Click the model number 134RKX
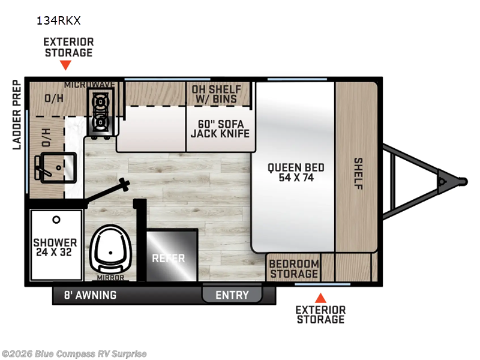pos(58,20)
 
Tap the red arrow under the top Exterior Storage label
pos(65,65)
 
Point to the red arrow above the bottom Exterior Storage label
pos(320,298)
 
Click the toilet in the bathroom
pos(110,248)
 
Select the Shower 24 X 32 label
pos(55,247)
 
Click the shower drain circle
pos(56,220)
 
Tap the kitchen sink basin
pos(58,167)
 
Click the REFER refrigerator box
pos(172,255)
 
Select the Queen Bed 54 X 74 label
pos(296,172)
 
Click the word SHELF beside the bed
pos(358,173)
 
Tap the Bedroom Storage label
pos(294,269)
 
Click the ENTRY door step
pos(232,295)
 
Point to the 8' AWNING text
pos(91,295)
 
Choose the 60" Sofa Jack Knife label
pos(220,128)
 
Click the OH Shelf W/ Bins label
pos(217,94)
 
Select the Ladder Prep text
pos(17,115)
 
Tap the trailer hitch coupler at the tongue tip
pos(462,182)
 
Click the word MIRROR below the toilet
pos(110,278)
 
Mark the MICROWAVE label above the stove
pos(89,85)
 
